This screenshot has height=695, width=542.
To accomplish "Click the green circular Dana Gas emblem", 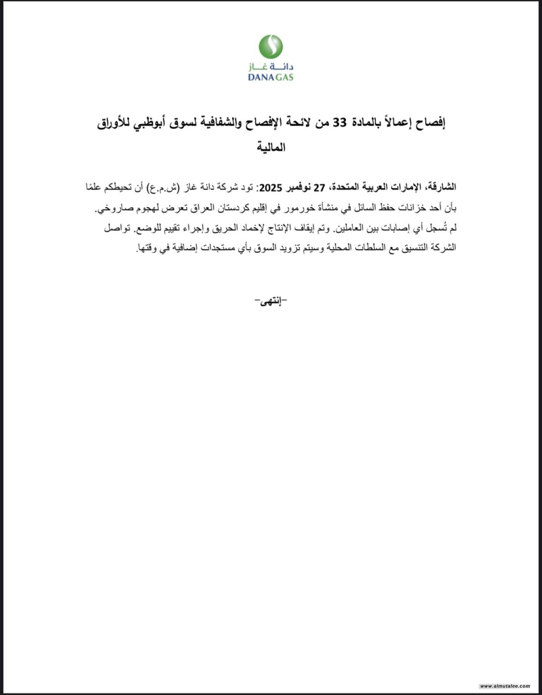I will pyautogui.click(x=271, y=46).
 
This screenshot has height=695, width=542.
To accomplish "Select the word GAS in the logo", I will pyautogui.click(x=284, y=77).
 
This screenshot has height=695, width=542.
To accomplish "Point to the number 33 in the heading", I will pyautogui.click(x=340, y=124).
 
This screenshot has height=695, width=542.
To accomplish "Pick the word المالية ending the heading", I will pyautogui.click(x=271, y=147).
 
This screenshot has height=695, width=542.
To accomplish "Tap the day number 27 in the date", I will pyautogui.click(x=319, y=188).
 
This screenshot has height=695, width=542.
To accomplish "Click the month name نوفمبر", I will pyautogui.click(x=301, y=188).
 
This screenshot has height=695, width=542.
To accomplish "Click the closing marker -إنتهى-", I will pyautogui.click(x=271, y=301).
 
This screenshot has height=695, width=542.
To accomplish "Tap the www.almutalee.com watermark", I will pyautogui.click(x=505, y=686).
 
